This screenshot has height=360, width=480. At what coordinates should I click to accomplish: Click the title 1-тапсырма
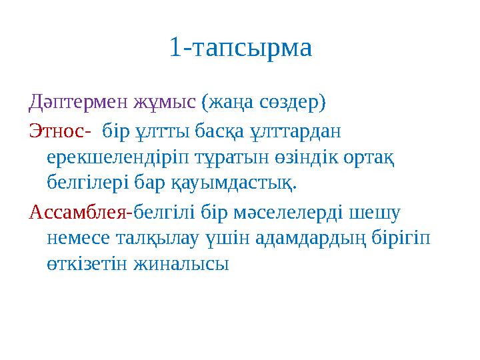pyautogui.click(x=240, y=48)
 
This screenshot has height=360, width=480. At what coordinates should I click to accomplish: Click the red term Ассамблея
pyautogui.click(x=79, y=213)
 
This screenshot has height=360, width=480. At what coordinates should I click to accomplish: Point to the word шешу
pyautogui.click(x=378, y=213)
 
